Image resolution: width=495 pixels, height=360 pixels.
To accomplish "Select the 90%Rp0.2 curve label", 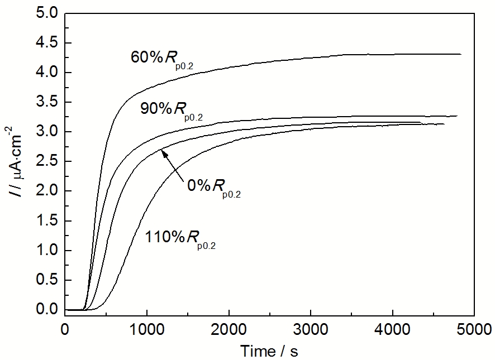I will point(171,111).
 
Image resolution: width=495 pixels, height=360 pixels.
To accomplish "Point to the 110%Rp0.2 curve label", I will point(180,238).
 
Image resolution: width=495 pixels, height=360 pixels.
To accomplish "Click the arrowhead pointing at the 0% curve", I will point(162,150).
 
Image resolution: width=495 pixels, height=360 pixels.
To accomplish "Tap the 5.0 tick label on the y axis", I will point(46,13).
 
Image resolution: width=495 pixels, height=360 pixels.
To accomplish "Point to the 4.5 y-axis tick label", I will point(46,43).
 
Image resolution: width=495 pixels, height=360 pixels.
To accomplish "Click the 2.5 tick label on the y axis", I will point(46,162).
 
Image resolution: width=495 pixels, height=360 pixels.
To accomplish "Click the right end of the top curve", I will point(460,54).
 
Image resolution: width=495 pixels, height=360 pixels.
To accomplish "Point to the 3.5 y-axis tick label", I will point(46,103).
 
